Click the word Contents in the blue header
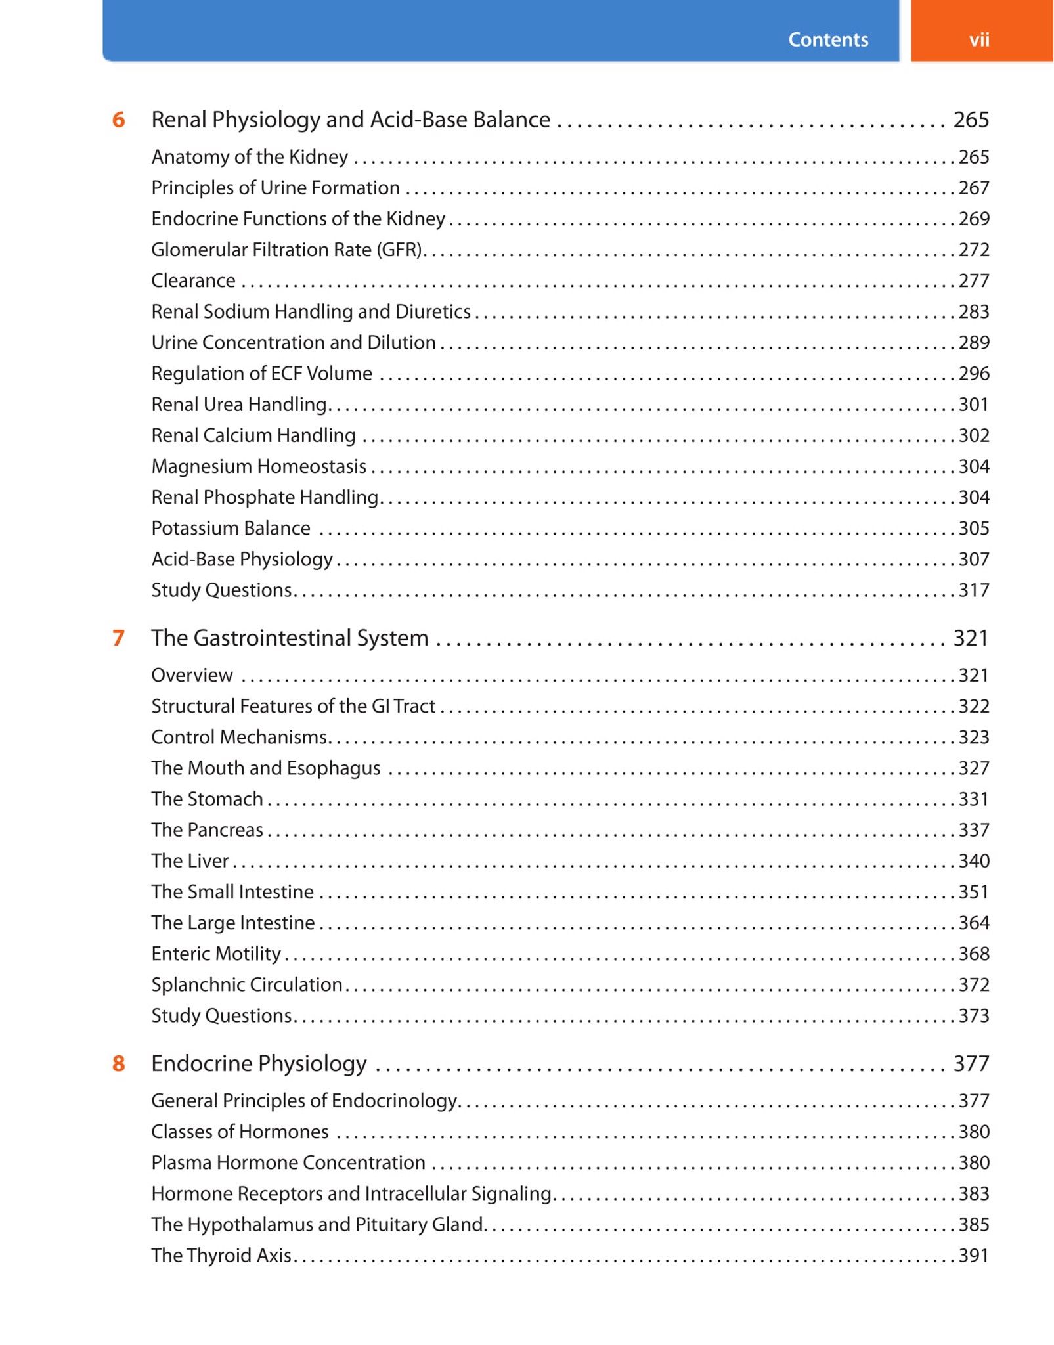[x=827, y=39]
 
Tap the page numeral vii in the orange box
[x=978, y=40]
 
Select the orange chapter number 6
[x=118, y=120]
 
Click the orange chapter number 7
[x=118, y=638]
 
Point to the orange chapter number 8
[x=118, y=1063]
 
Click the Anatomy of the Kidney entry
[x=250, y=157]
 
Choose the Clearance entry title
[x=193, y=281]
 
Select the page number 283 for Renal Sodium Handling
[x=973, y=312]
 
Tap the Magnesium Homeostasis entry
[x=259, y=466]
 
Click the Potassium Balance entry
[x=231, y=529]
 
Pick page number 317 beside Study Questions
[x=973, y=590]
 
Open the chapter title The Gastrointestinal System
[x=290, y=638]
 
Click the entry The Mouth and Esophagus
[x=265, y=768]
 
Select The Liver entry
[x=190, y=861]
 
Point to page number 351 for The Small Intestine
[x=973, y=892]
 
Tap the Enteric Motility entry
[x=216, y=954]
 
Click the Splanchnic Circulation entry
[x=247, y=985]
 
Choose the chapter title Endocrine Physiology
[x=259, y=1064]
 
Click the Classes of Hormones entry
[x=240, y=1132]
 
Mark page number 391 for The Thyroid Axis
[x=973, y=1256]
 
